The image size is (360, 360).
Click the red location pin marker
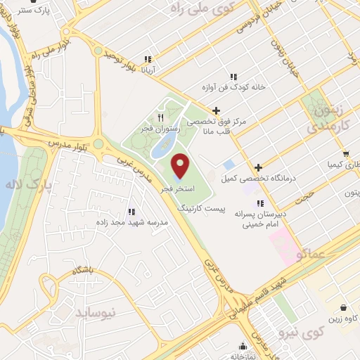[181, 165]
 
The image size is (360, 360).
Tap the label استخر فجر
[181, 190]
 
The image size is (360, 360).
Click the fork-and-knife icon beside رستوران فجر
[161, 117]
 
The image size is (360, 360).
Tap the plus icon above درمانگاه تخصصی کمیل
[259, 167]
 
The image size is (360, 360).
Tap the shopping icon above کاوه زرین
[342, 307]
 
